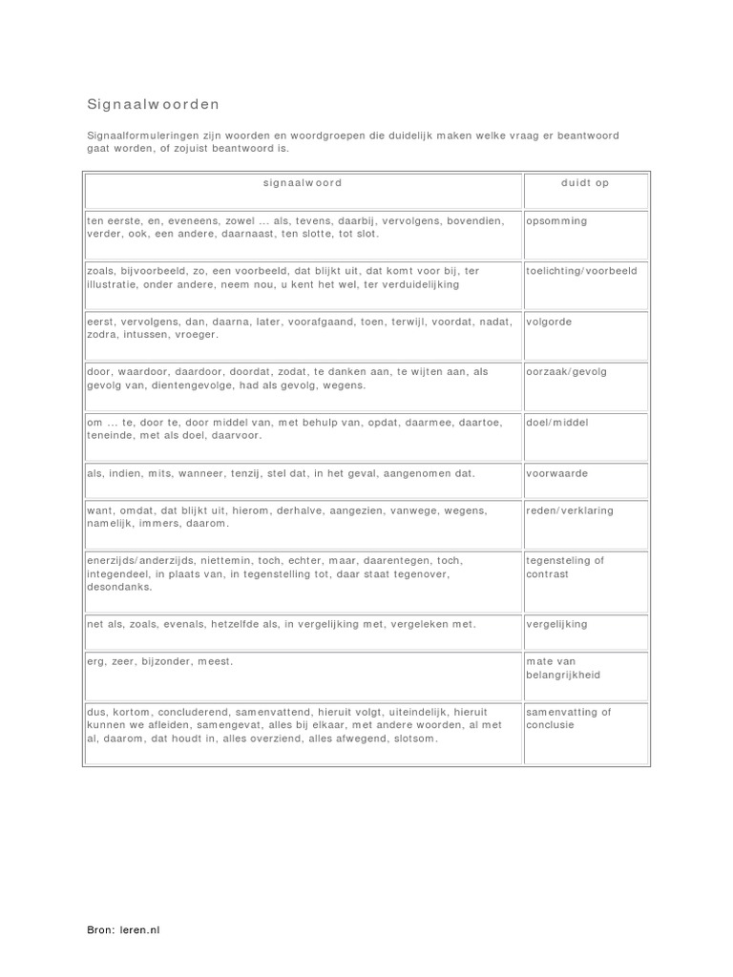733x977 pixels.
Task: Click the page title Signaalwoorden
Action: click(x=153, y=103)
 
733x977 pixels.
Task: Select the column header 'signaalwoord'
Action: click(x=302, y=182)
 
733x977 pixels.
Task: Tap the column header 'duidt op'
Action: click(x=585, y=182)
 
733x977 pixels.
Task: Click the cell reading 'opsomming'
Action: click(x=556, y=220)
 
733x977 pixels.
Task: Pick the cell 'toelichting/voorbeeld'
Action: click(x=581, y=271)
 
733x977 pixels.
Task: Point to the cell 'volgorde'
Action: click(x=549, y=322)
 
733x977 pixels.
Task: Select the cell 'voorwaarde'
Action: click(x=556, y=472)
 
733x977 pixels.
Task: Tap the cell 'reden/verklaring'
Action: click(x=570, y=510)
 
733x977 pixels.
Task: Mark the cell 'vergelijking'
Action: click(x=556, y=624)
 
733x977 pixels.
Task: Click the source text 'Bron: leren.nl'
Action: click(x=123, y=928)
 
